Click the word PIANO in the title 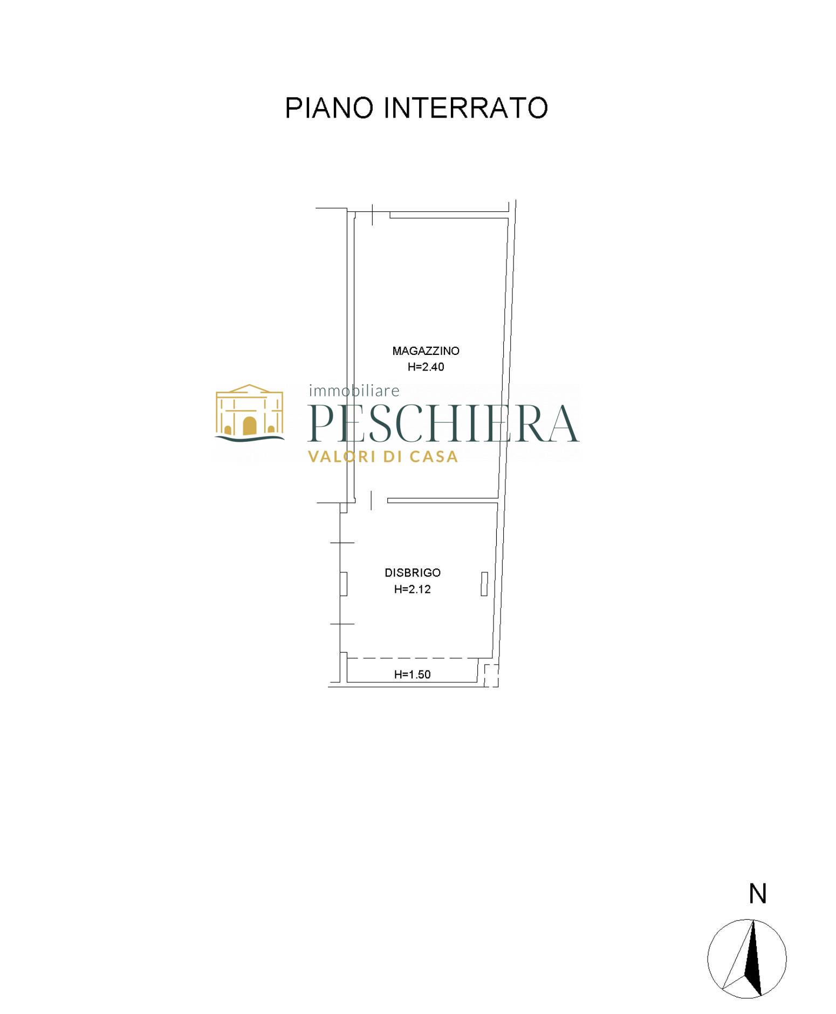point(328,108)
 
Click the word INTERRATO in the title point(466,108)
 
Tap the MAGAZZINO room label point(426,351)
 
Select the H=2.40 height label point(426,367)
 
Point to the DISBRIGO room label point(412,573)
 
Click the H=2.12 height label point(412,590)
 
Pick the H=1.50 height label point(412,674)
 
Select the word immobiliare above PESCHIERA point(354,390)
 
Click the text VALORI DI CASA point(383,457)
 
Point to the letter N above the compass point(758,894)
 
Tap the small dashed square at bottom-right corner point(491,675)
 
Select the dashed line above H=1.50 point(413,658)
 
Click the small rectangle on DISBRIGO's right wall point(484,584)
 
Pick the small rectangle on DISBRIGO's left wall point(343,584)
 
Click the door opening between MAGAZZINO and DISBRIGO point(371,501)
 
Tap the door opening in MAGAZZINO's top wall point(373,214)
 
